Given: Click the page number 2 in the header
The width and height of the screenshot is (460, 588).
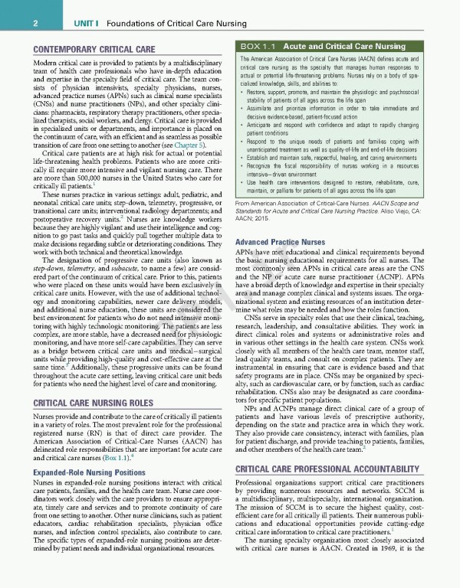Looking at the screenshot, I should pyautogui.click(x=36, y=24).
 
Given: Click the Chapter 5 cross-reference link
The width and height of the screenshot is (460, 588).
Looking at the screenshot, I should pyautogui.click(x=192, y=145).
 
